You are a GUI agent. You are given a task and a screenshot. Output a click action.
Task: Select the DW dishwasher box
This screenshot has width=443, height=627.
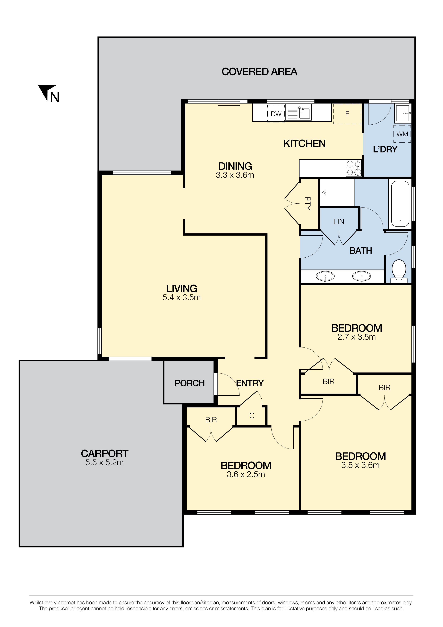click(x=276, y=114)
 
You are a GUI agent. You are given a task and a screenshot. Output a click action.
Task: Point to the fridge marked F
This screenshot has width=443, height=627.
click(x=347, y=114)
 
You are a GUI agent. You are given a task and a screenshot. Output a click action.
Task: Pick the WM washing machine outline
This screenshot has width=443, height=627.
click(x=402, y=134)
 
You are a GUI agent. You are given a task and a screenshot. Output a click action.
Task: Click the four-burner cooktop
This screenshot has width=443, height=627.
click(x=354, y=168)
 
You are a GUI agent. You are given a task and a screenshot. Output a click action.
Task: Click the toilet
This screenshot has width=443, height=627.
click(x=399, y=271)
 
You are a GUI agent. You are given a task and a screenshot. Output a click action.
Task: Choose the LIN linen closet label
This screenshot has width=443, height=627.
click(x=339, y=221)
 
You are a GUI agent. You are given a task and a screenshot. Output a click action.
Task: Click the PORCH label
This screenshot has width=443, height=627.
click(x=190, y=383)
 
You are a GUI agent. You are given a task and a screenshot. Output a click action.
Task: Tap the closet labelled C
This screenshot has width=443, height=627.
click(x=252, y=416)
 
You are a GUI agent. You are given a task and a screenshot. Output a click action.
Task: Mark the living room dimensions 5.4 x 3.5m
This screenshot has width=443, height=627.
click(x=181, y=297)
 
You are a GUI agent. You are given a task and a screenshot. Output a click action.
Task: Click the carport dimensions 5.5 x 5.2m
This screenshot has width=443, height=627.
click(x=104, y=463)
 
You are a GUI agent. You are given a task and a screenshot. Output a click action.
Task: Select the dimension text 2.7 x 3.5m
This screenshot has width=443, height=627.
click(x=357, y=337)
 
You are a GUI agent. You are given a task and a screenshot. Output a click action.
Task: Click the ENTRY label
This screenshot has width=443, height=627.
click(x=250, y=383)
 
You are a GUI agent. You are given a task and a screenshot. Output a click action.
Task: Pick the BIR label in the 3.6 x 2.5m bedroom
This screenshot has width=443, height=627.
click(x=211, y=420)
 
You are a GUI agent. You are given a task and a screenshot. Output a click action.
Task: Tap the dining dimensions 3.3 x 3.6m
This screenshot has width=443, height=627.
click(x=235, y=175)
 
